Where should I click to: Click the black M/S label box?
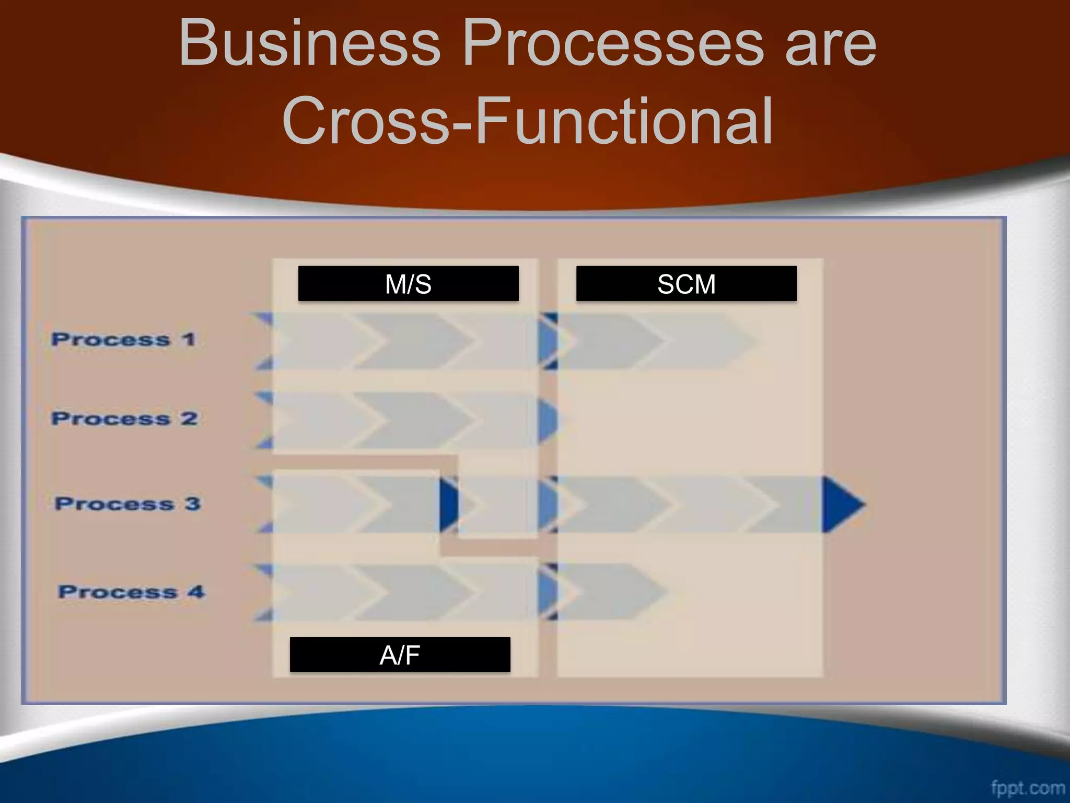tap(408, 284)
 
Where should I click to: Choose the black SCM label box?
tap(686, 284)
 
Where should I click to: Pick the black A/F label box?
tap(400, 655)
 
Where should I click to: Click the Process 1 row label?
tap(123, 340)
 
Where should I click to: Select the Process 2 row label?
tap(124, 419)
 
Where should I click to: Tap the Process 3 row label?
tap(127, 504)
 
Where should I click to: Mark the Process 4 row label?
tap(131, 592)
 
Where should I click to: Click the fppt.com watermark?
tap(1027, 787)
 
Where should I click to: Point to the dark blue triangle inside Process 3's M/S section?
tap(448, 504)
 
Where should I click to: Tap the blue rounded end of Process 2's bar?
tap(547, 420)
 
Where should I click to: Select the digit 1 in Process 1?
tap(189, 340)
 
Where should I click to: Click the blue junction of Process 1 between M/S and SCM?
tap(548, 341)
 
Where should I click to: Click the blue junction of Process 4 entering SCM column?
tap(548, 592)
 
